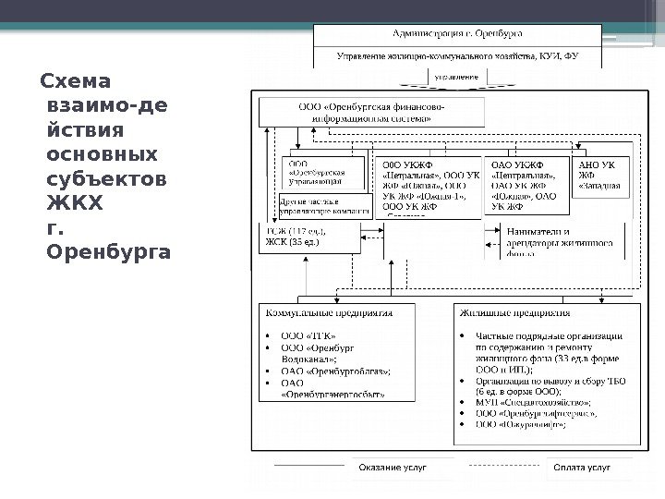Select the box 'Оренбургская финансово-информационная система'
tap(370, 113)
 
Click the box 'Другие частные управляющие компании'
tap(322, 204)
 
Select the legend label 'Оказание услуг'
tap(393, 469)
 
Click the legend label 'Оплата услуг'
tap(581, 469)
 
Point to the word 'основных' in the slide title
tap(102, 151)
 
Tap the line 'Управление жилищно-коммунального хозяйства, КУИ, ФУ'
tap(456, 56)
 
